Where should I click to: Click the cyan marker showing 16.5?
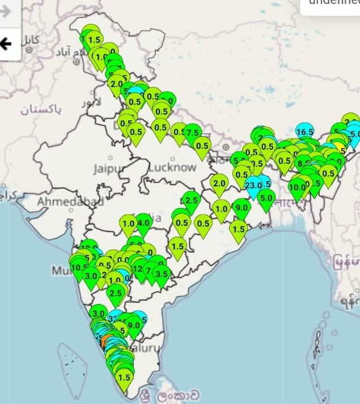point(304,132)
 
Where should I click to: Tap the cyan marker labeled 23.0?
point(253,185)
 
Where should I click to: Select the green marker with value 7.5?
point(193,133)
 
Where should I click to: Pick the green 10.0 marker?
point(297,187)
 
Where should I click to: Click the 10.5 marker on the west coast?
point(79,267)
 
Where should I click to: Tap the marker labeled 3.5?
point(162,275)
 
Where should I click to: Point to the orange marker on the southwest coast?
point(103,342)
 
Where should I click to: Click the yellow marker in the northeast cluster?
point(340,149)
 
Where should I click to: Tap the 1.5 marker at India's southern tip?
point(124,377)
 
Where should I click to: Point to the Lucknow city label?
point(172,167)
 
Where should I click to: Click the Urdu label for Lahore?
point(90,103)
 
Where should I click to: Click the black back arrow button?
point(6,44)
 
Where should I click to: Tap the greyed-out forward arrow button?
point(6,12)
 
